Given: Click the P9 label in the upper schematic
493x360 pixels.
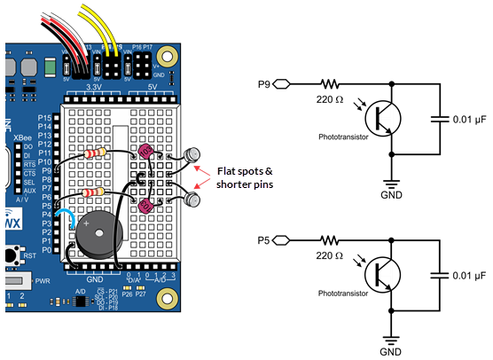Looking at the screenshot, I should pyautogui.click(x=264, y=85).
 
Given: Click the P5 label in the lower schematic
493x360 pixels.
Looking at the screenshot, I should pyautogui.click(x=264, y=239).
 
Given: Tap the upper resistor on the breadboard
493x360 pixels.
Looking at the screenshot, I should pyautogui.click(x=99, y=153).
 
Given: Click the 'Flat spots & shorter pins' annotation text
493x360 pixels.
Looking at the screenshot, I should pyautogui.click(x=245, y=177).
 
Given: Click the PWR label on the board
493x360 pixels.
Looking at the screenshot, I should pyautogui.click(x=42, y=281).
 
